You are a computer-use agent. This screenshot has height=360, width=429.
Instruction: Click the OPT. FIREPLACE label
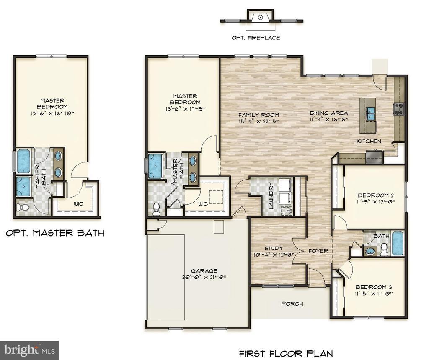tap(256, 38)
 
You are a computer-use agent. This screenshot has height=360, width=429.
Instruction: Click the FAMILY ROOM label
tap(258, 115)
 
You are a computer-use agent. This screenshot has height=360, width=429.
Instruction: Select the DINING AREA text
tap(329, 113)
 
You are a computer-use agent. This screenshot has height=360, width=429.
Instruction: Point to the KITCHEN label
tap(369, 141)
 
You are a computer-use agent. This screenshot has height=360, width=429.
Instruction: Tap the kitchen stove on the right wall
tap(398, 109)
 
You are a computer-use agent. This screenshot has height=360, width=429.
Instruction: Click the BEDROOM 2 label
tap(374, 195)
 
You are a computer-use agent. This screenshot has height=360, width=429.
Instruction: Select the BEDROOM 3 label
tap(374, 287)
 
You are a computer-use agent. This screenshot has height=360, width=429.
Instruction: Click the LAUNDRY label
tap(271, 196)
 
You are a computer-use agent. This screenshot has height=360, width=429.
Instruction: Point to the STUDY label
tap(274, 248)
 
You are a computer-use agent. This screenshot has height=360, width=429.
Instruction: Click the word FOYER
tap(318, 251)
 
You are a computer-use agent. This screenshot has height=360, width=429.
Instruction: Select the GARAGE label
tap(204, 271)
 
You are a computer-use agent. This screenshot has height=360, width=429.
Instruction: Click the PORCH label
tap(292, 303)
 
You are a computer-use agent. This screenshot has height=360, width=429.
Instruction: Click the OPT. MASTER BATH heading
tap(55, 233)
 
